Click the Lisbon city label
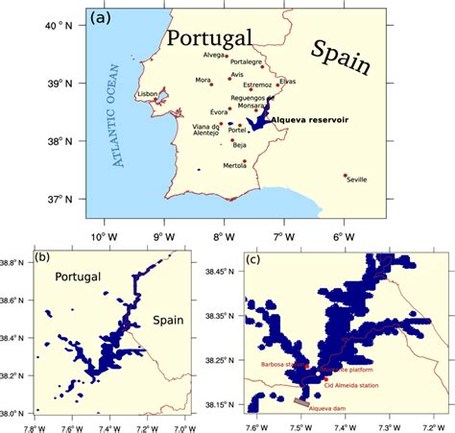click(x=147, y=94)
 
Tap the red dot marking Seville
click(x=346, y=176)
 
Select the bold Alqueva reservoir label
click(x=309, y=121)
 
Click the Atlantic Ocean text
click(x=119, y=115)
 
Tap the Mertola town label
click(x=235, y=165)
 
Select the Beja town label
click(x=239, y=146)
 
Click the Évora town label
click(x=219, y=112)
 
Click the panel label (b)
click(x=43, y=257)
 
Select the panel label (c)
click(x=254, y=257)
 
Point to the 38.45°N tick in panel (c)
click(x=226, y=272)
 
